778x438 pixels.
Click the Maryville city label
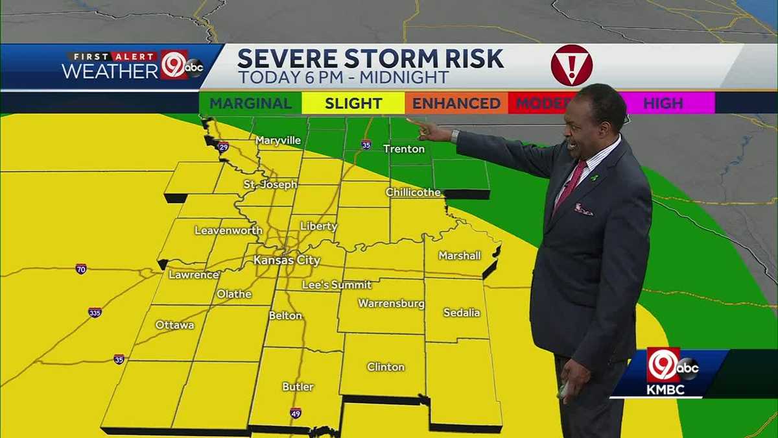tap(278, 140)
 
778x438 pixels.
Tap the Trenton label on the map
tap(404, 149)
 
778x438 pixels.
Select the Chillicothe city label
tap(413, 192)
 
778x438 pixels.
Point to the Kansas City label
tap(287, 260)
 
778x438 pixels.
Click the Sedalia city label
tap(462, 313)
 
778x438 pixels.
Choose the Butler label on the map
tap(298, 387)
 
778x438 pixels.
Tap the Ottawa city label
tap(174, 325)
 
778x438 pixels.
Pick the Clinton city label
tap(386, 367)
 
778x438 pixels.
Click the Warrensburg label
tap(391, 304)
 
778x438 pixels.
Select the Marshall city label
tap(460, 256)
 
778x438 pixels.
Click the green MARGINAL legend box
tap(250, 103)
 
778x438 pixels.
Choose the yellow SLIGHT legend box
tap(353, 103)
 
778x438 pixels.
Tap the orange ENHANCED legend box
tap(456, 103)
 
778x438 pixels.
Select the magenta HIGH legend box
tap(663, 103)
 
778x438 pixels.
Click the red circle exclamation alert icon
tap(571, 66)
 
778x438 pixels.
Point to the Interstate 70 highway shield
tap(80, 269)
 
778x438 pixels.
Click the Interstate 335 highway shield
tap(95, 312)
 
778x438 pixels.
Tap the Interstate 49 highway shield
tap(295, 413)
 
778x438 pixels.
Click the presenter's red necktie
tap(571, 184)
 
